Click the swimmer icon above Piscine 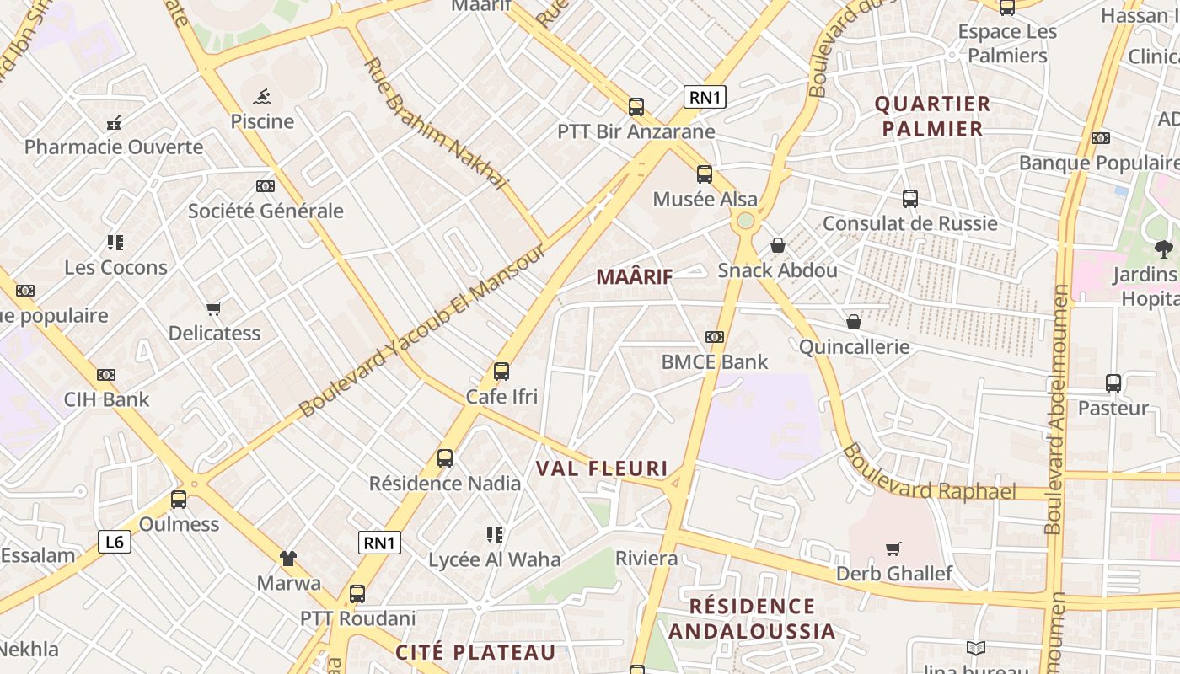(x=262, y=96)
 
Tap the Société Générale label (x=265, y=211)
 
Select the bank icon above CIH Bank (x=106, y=375)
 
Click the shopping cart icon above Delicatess (x=214, y=309)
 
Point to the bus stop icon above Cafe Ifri (x=501, y=371)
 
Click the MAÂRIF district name (x=634, y=276)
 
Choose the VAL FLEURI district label (x=602, y=468)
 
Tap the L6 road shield (x=115, y=542)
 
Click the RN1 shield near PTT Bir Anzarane (x=705, y=97)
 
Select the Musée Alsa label (x=705, y=200)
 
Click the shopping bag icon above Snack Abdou (x=778, y=245)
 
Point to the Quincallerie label (x=854, y=346)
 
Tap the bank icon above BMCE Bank (x=715, y=337)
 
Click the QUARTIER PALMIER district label (x=931, y=116)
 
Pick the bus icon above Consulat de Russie (x=910, y=199)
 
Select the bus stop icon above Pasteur (x=1113, y=383)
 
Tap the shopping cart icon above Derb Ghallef (x=893, y=549)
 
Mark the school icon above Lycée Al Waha (x=495, y=534)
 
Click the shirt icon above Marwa (x=288, y=558)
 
